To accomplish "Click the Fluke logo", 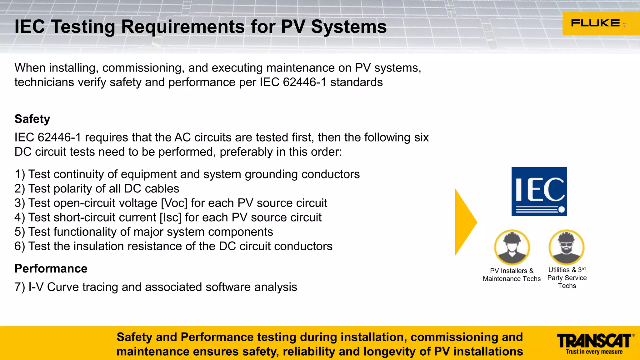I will [597, 23].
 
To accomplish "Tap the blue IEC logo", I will [539, 191].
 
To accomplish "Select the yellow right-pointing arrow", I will [465, 222].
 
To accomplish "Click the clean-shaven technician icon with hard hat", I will [512, 247].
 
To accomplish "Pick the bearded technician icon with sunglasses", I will [566, 247].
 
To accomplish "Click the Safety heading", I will [32, 119].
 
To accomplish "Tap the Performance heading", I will [51, 269].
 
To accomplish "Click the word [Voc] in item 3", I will [174, 203].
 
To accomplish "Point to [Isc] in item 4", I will [170, 217].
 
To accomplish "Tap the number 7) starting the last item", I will [20, 287].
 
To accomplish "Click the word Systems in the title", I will [349, 27].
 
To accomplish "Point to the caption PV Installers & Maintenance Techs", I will [512, 275].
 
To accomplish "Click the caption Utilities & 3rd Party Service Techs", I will [567, 277].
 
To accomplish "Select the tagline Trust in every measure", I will [594, 352].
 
